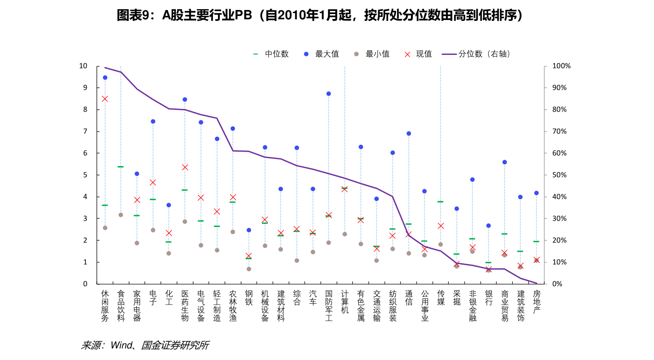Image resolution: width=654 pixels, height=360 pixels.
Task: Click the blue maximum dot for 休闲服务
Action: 105,78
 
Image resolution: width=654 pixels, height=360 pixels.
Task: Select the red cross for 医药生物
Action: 185,167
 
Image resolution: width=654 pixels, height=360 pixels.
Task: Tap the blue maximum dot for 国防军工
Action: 328,94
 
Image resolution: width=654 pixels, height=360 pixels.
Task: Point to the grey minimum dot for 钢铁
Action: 249,269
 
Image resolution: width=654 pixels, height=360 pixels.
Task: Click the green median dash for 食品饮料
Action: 121,167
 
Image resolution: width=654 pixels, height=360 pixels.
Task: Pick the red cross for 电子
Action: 153,182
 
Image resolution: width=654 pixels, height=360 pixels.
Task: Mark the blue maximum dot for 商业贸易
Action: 504,162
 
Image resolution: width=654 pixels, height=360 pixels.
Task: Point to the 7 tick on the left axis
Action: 84,131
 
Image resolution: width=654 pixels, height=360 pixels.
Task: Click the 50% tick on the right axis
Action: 559,175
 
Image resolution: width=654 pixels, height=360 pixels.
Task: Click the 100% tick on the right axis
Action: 561,66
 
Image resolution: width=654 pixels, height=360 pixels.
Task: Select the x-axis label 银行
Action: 488,298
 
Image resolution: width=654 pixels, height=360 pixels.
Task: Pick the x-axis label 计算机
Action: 344,302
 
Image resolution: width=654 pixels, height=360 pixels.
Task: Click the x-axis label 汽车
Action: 312,298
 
